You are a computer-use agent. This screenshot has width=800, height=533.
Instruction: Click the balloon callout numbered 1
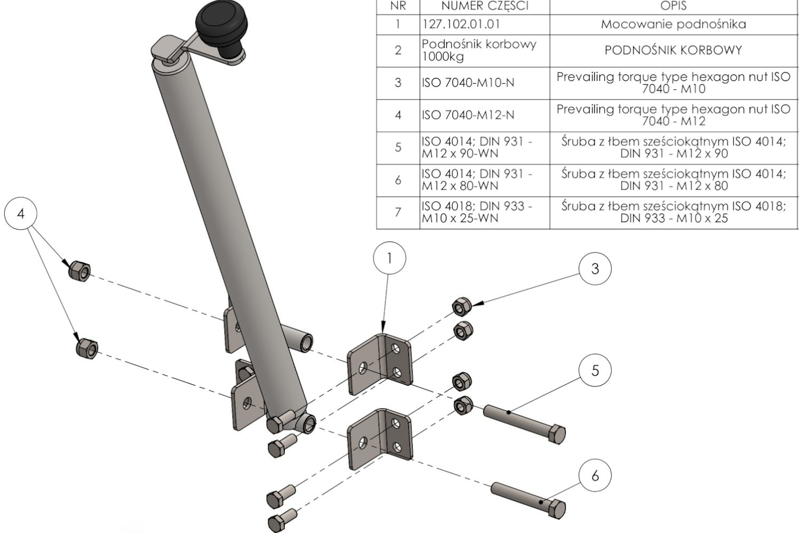point(389,259)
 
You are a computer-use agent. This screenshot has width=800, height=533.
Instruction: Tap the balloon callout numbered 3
point(595,269)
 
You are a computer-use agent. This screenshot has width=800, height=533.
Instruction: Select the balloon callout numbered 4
point(21,214)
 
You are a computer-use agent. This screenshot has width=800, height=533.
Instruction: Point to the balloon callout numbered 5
point(595,370)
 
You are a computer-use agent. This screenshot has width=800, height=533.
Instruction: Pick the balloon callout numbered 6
point(595,475)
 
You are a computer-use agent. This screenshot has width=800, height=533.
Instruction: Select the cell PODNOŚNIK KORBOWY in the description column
point(673,51)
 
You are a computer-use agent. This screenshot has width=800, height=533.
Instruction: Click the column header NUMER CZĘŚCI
point(484,6)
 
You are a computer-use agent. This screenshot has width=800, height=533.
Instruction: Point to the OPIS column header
point(673,6)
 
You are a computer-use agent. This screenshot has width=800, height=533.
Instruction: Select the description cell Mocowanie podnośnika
point(673,25)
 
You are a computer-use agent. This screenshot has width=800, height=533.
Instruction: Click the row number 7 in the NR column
point(398,213)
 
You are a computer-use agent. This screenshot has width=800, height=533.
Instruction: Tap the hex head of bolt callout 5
point(556,434)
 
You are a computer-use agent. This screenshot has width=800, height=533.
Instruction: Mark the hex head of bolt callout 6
point(556,510)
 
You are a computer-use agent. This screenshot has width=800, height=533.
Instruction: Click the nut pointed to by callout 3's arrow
point(461,306)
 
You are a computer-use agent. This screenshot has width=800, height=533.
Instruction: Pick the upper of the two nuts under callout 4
point(79,270)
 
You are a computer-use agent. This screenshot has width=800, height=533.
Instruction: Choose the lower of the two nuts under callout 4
point(87,349)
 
